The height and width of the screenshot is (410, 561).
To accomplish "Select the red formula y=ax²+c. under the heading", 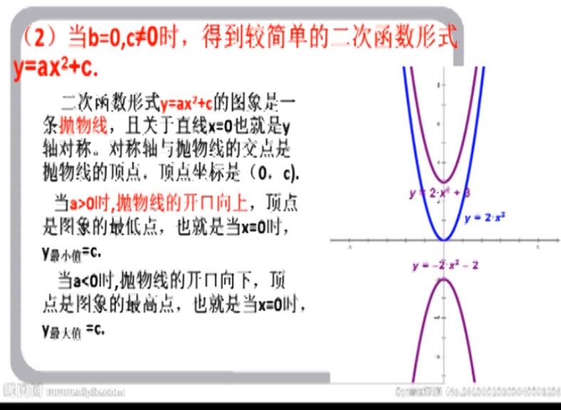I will point(56,71).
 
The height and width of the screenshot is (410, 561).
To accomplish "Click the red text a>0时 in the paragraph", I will point(92,203).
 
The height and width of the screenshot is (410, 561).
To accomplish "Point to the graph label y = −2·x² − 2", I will point(445,266).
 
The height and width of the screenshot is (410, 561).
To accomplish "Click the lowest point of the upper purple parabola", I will point(443,182).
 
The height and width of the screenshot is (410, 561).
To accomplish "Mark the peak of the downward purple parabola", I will point(443,278).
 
